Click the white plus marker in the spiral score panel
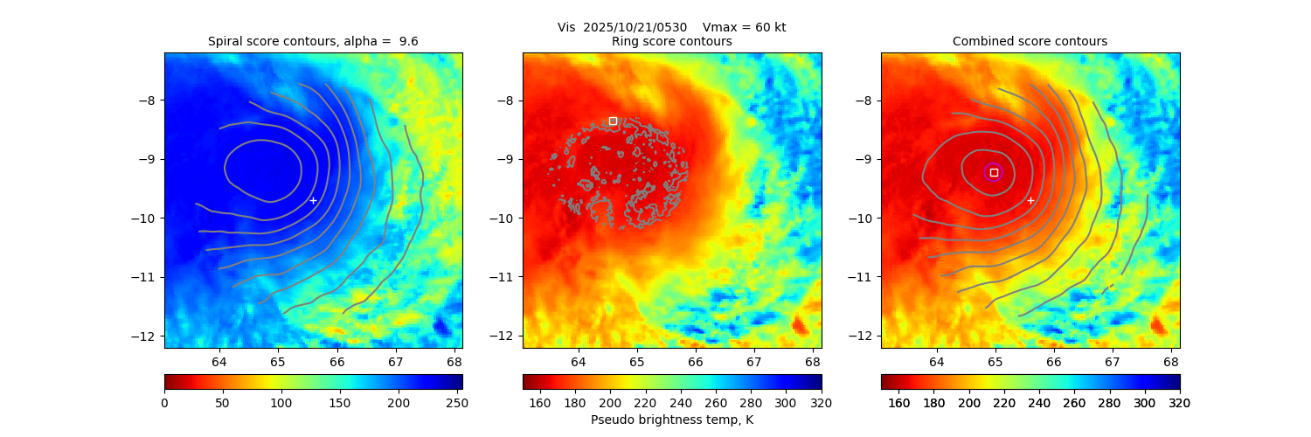313,200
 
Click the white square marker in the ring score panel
613,121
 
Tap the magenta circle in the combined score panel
993,172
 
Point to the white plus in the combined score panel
1030,200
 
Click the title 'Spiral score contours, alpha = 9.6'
313,41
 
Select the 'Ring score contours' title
671,41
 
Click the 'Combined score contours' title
1030,41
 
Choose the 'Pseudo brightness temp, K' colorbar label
671,420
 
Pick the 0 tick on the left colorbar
164,402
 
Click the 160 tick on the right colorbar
898,402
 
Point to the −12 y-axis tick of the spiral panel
149,336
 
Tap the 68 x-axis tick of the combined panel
1171,361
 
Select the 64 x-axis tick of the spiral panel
218,361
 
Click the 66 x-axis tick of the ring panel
695,361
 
